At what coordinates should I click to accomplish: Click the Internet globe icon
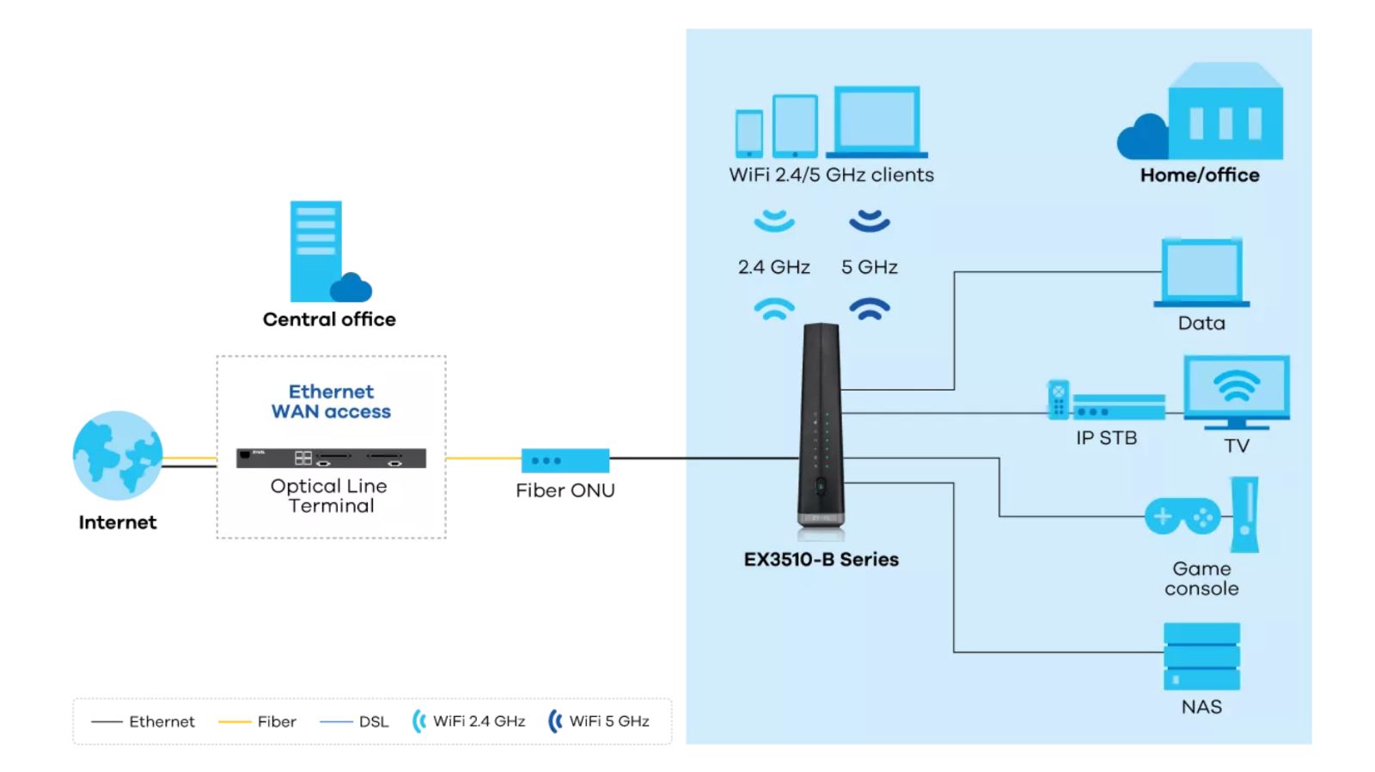(x=118, y=456)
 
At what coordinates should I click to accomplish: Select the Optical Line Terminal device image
(x=331, y=458)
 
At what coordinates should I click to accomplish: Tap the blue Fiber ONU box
(x=565, y=460)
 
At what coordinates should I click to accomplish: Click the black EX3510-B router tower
(x=821, y=425)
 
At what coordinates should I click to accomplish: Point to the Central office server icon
(x=318, y=251)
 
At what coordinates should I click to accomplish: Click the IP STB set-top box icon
(x=1117, y=408)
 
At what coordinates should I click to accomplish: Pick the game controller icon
(x=1182, y=517)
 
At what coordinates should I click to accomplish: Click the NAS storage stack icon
(x=1201, y=656)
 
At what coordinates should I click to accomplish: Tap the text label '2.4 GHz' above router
(x=773, y=267)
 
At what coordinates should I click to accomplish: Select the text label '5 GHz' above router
(x=869, y=267)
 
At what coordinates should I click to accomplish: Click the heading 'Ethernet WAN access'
(x=331, y=402)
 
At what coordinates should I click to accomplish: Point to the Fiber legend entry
(x=258, y=721)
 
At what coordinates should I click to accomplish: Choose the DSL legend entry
(x=354, y=721)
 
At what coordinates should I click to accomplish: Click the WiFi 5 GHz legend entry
(x=599, y=721)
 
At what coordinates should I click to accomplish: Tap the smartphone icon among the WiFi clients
(x=749, y=133)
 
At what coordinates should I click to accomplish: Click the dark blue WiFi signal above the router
(x=869, y=308)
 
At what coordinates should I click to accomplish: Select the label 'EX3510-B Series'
(x=821, y=559)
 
